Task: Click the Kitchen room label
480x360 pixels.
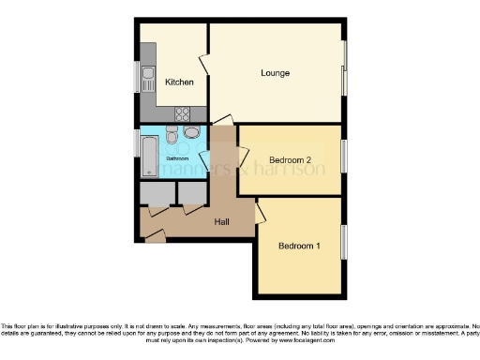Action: click(x=179, y=82)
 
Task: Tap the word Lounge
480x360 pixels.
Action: click(x=275, y=73)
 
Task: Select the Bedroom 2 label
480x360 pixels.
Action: click(x=290, y=159)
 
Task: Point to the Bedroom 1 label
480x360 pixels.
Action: click(x=299, y=246)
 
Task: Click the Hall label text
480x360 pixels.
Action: click(x=222, y=222)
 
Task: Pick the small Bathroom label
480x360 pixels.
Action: click(x=178, y=159)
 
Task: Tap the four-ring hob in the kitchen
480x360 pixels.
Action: click(x=184, y=114)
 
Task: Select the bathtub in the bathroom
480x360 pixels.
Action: click(x=149, y=157)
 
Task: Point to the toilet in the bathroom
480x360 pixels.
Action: click(x=172, y=137)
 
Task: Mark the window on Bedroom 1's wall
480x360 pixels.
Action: click(x=344, y=243)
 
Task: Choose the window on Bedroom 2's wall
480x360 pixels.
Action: click(x=344, y=155)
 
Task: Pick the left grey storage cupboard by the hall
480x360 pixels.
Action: click(x=157, y=193)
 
